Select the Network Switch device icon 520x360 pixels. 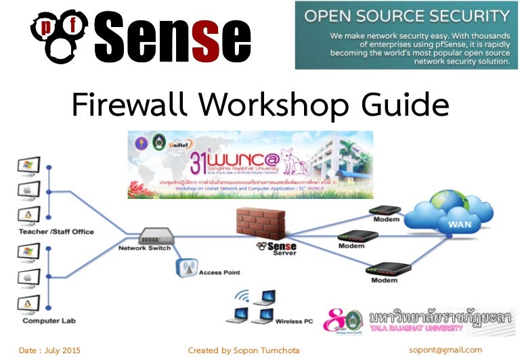157,237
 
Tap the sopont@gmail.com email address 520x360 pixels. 445,350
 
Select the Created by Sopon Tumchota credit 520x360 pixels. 243,350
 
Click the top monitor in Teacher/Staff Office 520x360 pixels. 28,166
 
